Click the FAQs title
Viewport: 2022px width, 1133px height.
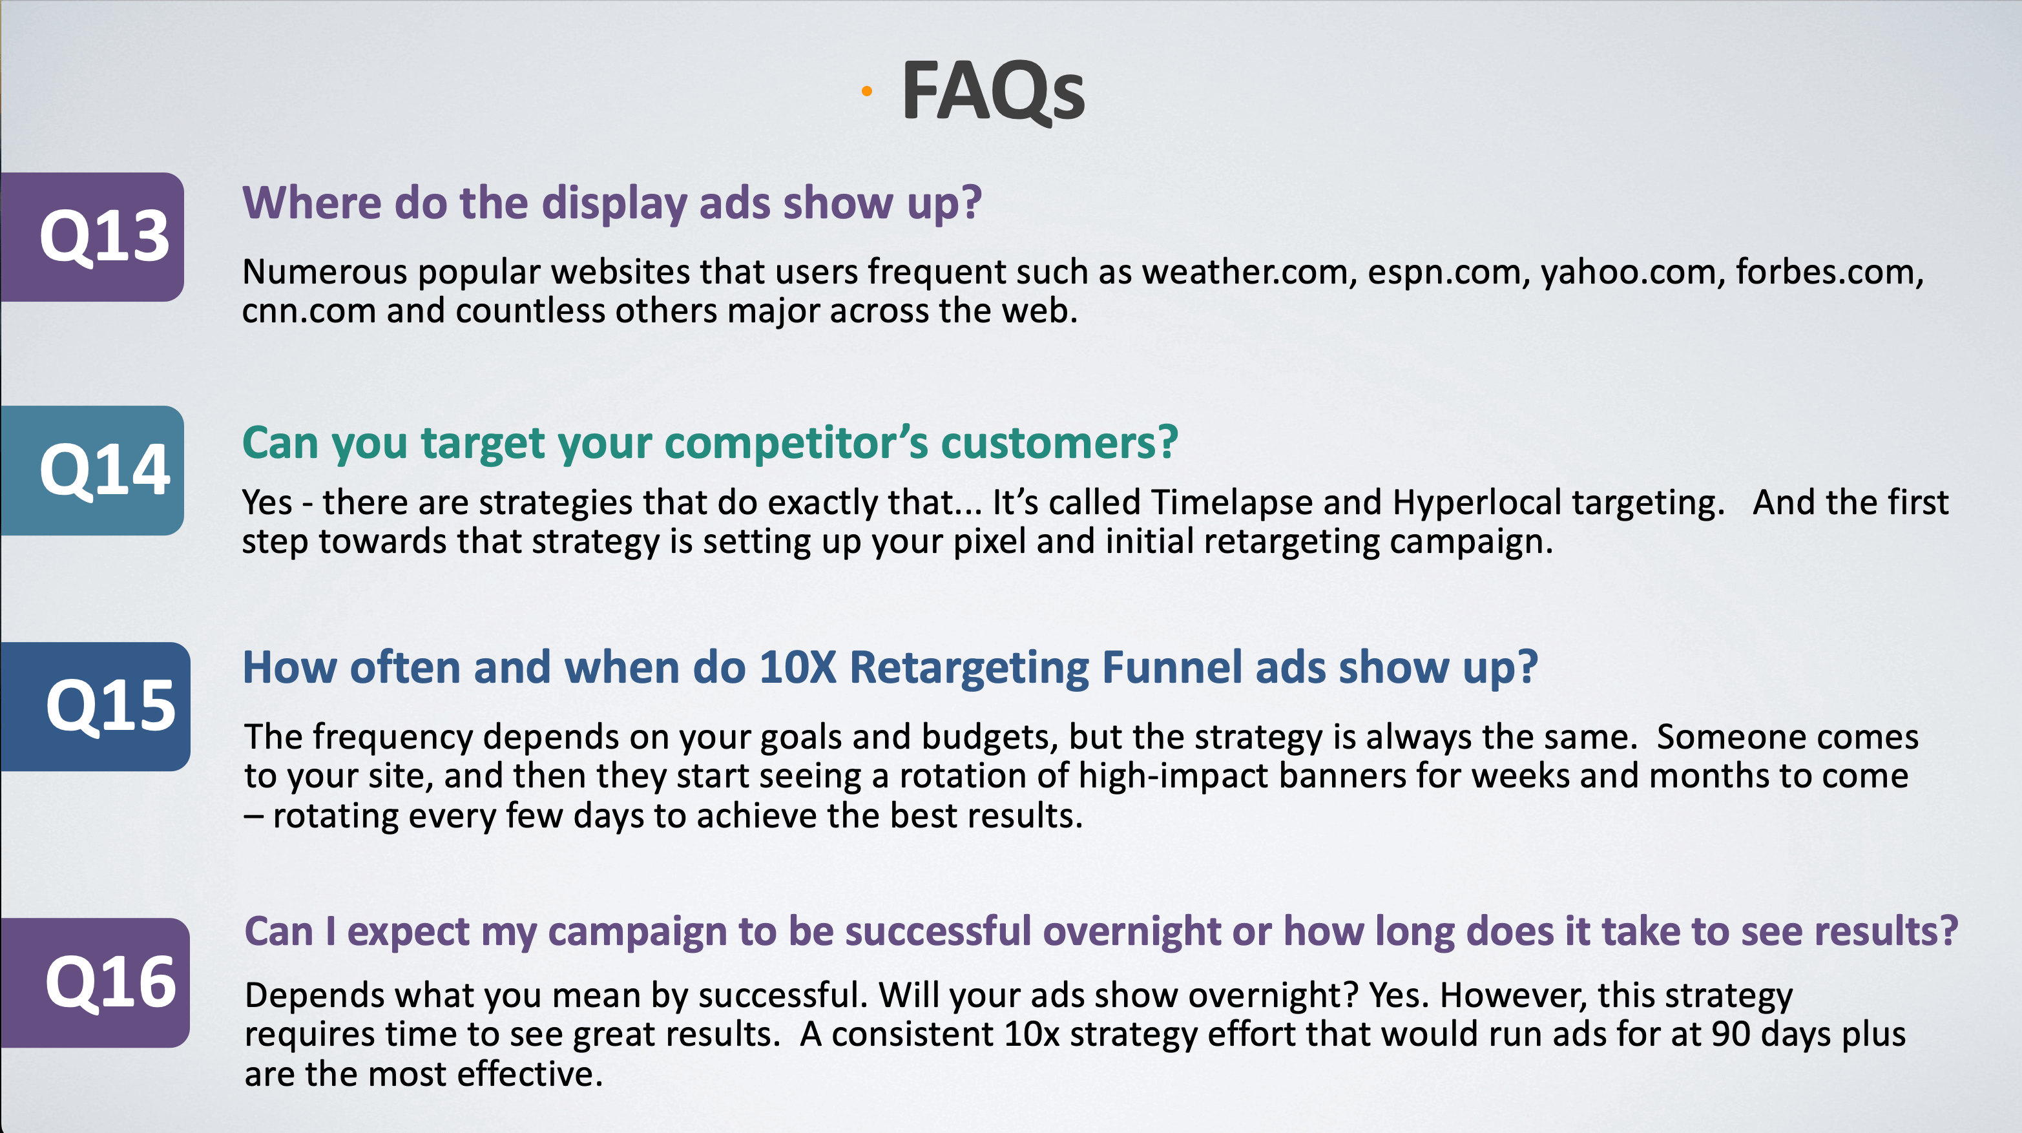coord(993,91)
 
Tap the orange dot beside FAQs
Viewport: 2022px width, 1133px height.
coord(866,92)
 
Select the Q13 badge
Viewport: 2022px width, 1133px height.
coord(92,237)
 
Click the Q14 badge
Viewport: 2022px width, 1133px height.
coord(92,471)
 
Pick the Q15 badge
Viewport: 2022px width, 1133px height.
coord(95,706)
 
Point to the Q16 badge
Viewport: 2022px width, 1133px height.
coord(95,982)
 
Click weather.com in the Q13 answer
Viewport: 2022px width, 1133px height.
coord(1249,272)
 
